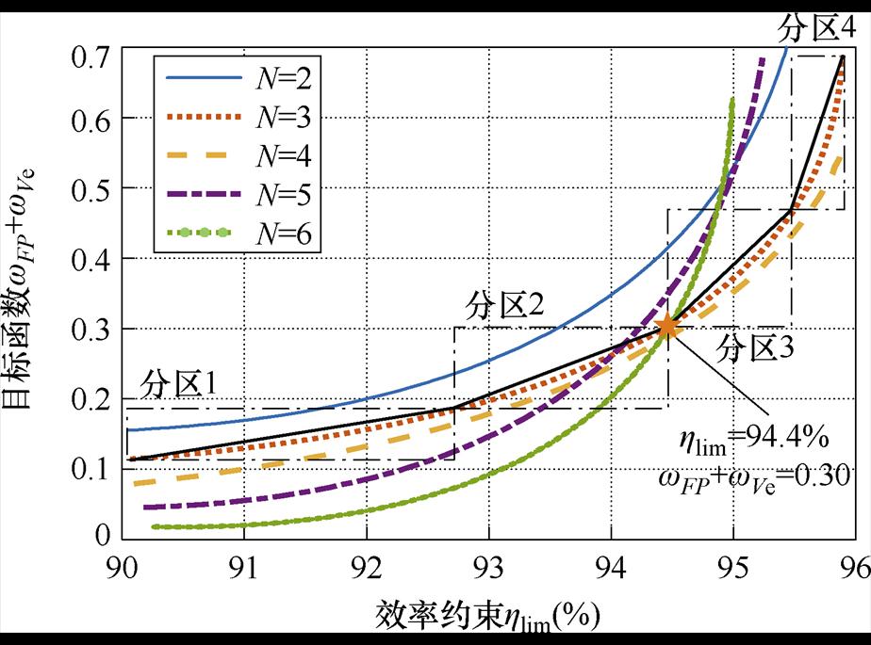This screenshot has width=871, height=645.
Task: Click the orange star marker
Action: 667,327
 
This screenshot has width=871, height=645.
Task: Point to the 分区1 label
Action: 181,384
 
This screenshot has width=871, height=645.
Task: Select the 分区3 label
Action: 755,347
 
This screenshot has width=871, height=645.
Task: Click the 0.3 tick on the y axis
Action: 93,329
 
